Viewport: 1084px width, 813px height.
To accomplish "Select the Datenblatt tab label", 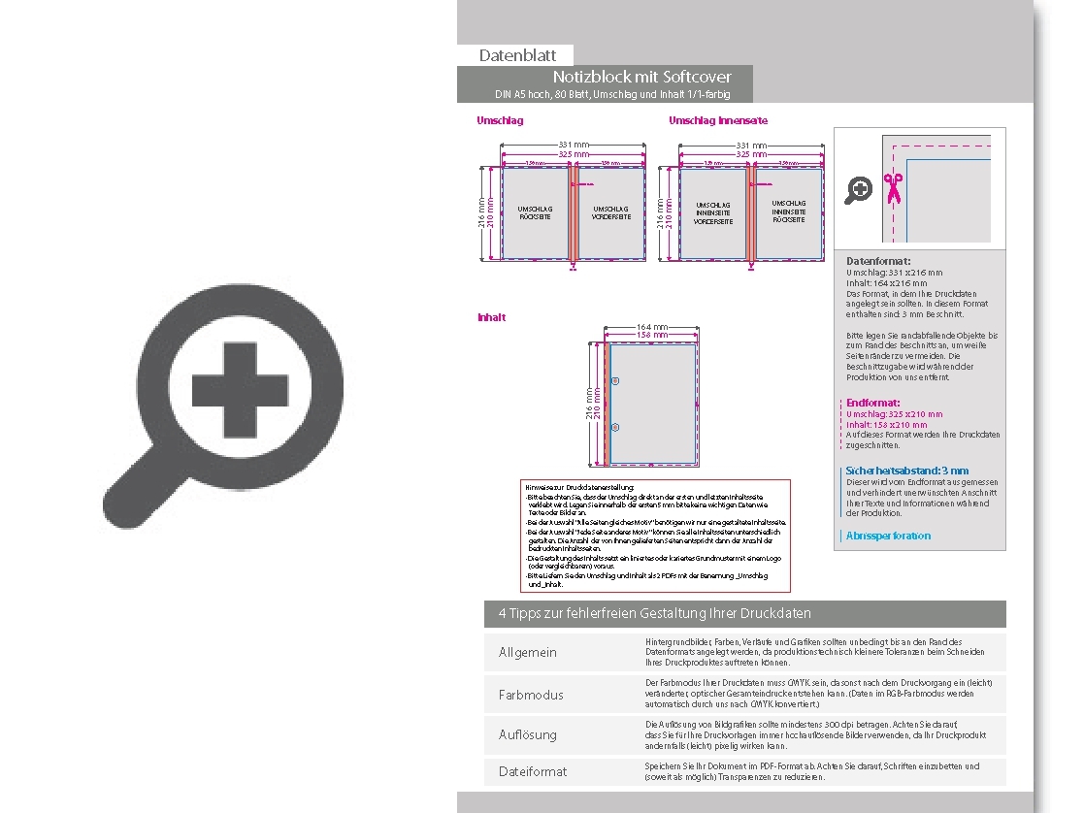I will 517,56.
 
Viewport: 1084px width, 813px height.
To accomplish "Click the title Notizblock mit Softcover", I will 641,77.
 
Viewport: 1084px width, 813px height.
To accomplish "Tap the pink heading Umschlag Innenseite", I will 717,120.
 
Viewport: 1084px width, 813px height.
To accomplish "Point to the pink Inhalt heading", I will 491,317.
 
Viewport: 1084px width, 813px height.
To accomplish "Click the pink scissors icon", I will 894,187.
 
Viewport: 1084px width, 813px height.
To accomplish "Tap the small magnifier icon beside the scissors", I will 858,189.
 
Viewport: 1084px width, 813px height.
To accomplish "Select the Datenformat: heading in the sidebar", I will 877,261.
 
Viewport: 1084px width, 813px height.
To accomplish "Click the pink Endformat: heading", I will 872,403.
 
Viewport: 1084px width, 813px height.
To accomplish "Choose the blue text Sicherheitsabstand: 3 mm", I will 906,471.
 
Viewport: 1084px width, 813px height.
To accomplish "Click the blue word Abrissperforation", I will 887,536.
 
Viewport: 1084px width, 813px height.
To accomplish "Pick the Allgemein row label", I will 527,652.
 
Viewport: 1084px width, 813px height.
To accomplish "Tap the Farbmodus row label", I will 530,695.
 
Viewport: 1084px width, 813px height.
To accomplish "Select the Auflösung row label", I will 527,734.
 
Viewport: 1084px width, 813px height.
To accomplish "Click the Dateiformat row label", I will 532,771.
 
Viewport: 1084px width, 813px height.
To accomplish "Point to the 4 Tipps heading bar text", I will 654,613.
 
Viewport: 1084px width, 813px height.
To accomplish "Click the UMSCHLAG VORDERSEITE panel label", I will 610,212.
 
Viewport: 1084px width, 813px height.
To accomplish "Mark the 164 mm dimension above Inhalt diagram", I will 651,327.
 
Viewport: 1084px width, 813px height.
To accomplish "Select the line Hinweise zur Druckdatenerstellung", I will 579,487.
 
